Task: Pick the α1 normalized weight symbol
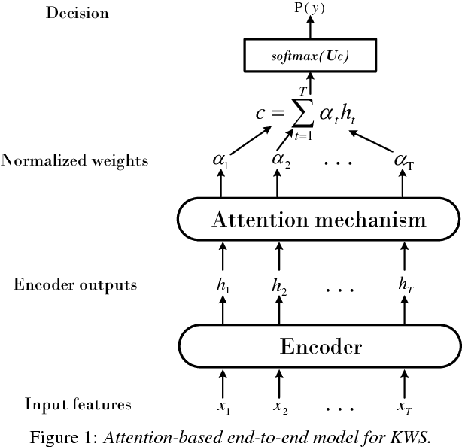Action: (x=222, y=160)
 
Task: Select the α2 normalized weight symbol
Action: (x=280, y=160)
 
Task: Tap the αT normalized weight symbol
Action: (x=404, y=160)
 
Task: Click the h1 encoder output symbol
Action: (x=222, y=287)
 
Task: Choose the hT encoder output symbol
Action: (x=404, y=287)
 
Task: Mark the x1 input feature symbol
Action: (x=223, y=406)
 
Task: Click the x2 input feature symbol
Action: (x=280, y=406)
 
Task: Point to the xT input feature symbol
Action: (x=404, y=406)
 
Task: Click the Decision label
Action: (x=77, y=13)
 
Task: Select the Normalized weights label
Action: (x=74, y=160)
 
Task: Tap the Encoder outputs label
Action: (x=75, y=285)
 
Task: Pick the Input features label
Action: (x=78, y=404)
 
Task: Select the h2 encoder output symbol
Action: (x=280, y=287)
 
